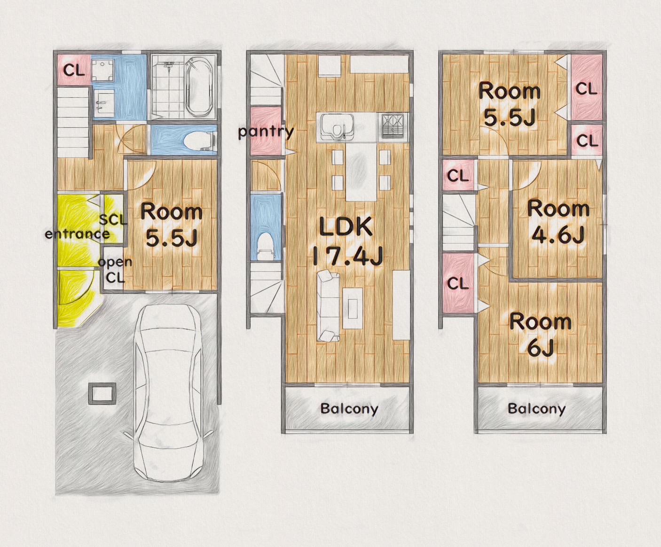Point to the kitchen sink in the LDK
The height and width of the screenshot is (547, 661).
click(x=337, y=127)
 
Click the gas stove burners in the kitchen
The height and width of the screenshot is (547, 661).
click(x=393, y=126)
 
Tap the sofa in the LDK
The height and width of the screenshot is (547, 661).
click(x=329, y=306)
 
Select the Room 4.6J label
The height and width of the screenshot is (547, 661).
click(x=558, y=222)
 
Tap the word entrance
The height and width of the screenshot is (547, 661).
click(x=77, y=234)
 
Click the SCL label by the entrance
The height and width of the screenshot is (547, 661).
click(x=113, y=219)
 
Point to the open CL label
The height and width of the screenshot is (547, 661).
click(x=115, y=270)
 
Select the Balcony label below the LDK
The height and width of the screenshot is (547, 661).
click(x=349, y=409)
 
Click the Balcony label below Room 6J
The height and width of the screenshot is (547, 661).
click(x=536, y=409)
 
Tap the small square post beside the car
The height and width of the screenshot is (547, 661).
click(x=102, y=393)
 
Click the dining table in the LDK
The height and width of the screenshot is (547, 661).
click(x=361, y=172)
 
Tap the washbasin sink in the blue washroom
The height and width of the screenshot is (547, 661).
click(x=104, y=101)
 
